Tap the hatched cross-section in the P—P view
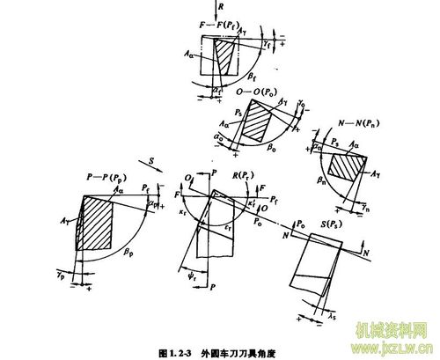97,224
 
